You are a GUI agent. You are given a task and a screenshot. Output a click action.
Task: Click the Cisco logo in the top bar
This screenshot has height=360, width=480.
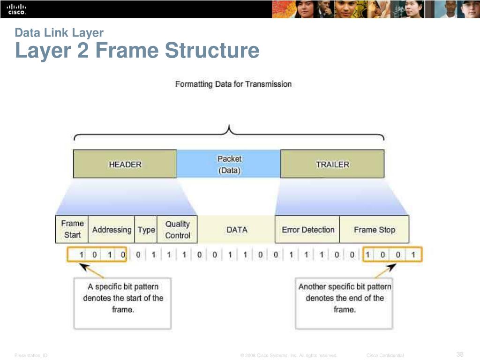(16, 9)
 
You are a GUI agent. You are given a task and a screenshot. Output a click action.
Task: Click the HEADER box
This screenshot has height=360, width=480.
(125, 164)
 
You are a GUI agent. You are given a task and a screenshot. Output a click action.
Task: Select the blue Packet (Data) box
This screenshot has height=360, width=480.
(229, 164)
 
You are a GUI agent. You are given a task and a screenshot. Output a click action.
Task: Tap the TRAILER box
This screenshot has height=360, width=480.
(332, 164)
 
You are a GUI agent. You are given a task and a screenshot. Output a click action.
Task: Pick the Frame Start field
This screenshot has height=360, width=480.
(72, 229)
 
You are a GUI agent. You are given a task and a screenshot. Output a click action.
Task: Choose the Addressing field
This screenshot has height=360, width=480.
(112, 230)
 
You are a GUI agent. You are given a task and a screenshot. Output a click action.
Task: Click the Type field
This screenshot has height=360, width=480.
(146, 230)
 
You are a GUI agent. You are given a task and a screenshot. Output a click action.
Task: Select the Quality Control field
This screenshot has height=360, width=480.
(177, 230)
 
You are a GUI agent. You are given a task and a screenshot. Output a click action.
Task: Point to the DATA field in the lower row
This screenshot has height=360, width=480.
(237, 230)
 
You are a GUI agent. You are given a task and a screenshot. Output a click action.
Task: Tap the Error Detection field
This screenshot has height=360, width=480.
(307, 230)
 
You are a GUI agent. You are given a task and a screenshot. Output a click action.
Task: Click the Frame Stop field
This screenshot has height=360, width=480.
(374, 230)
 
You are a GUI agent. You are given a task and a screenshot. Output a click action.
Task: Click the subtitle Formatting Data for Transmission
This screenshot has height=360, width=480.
(233, 84)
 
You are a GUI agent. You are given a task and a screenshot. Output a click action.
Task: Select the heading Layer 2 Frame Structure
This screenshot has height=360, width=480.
(137, 51)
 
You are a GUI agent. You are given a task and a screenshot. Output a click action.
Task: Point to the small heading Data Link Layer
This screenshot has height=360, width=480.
(59, 32)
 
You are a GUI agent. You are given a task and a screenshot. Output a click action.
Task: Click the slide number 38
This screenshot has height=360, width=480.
(459, 354)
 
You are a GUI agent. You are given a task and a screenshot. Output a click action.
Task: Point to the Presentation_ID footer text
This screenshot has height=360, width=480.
(31, 356)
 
